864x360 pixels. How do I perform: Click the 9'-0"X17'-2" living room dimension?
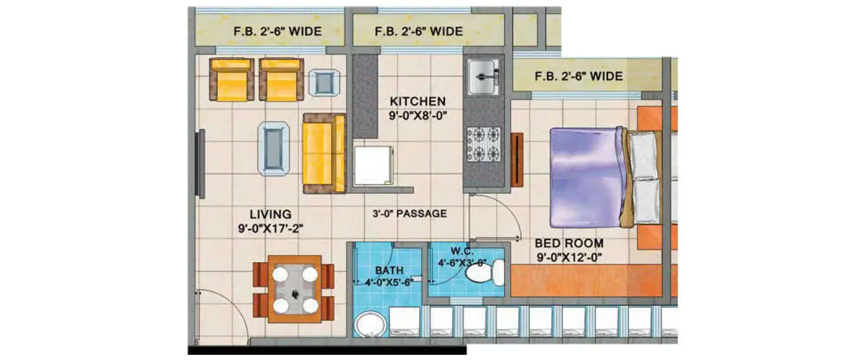click(271, 229)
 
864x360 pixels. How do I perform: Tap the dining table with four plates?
click(294, 289)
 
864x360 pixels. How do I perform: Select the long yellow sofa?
click(323, 153)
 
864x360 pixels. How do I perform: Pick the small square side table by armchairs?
click(324, 82)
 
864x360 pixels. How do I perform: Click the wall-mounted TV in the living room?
click(200, 164)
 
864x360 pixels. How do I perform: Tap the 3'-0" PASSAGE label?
click(410, 214)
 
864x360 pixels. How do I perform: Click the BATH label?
click(389, 270)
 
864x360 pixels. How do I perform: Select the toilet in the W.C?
click(484, 272)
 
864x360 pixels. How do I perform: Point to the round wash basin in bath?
click(369, 324)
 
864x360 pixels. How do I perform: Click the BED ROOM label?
click(569, 243)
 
